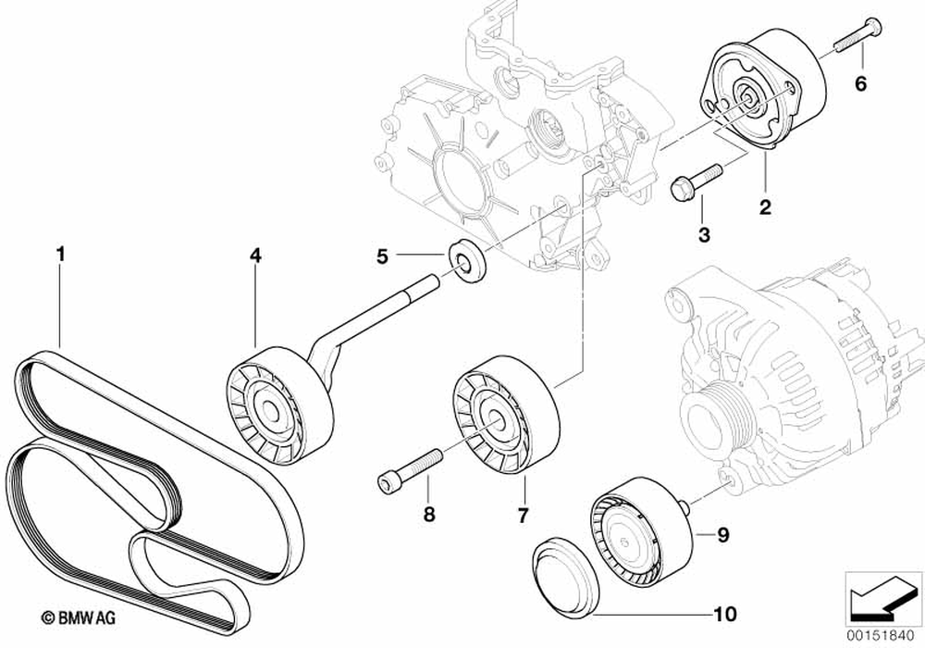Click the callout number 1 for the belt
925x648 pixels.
[60, 252]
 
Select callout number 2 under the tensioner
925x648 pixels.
[765, 208]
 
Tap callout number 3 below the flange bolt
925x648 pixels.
[703, 235]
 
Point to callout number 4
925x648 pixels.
[254, 254]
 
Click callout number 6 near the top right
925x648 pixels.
[859, 85]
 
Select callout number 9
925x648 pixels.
[723, 534]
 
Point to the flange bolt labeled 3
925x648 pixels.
[695, 181]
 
